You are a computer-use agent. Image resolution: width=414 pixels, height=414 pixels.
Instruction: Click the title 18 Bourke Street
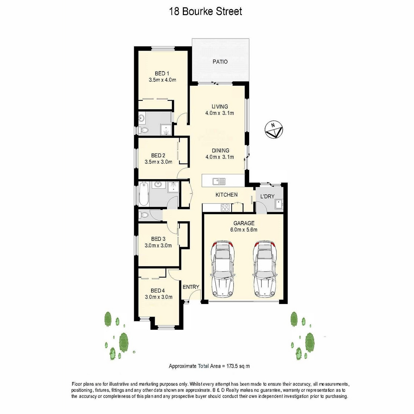[x=206, y=11]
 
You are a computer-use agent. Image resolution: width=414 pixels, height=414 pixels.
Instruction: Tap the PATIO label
[x=220, y=62]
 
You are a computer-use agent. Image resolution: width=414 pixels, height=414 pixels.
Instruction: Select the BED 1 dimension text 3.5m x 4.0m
[x=162, y=80]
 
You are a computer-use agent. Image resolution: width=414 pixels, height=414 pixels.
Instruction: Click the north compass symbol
[x=274, y=130]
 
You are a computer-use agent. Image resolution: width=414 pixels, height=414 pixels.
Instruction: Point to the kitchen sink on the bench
[x=219, y=181]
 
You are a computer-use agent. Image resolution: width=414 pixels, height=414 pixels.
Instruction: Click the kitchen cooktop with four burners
[x=225, y=208]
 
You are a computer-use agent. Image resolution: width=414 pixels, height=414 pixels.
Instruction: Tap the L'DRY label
[x=267, y=196]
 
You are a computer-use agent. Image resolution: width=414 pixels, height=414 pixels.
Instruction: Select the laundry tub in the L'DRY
[x=279, y=204]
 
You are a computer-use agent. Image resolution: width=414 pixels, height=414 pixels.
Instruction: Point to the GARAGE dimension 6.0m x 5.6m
[x=244, y=230]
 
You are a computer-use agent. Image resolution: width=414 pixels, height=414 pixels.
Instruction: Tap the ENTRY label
[x=191, y=287]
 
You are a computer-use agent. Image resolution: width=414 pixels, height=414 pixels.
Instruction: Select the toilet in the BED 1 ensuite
[x=144, y=130]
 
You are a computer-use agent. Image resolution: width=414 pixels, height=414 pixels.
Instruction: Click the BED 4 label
[x=158, y=291]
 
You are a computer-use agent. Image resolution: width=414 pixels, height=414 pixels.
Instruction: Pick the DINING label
[x=220, y=151]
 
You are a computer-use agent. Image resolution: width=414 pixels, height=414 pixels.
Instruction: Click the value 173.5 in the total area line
[x=233, y=366]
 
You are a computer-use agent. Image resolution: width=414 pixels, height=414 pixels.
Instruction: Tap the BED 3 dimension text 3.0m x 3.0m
[x=158, y=245]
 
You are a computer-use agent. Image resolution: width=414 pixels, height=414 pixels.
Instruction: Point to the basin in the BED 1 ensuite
[x=142, y=118]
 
